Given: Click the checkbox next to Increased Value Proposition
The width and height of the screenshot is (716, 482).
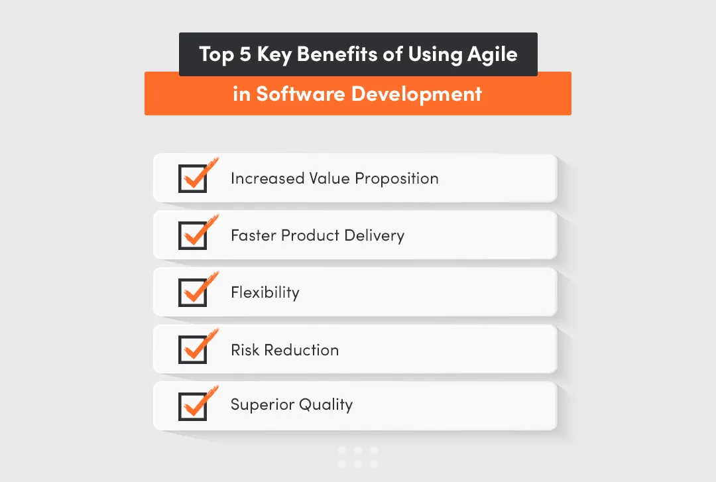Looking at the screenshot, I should [193, 179].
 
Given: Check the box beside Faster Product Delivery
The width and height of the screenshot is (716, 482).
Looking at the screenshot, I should [193, 235].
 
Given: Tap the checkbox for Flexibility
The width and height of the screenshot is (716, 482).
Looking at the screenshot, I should [193, 292].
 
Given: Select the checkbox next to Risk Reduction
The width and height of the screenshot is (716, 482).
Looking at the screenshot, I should [193, 350].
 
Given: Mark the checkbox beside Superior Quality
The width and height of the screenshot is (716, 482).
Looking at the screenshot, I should [193, 406].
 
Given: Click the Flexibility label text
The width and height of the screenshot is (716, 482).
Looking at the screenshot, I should [265, 292].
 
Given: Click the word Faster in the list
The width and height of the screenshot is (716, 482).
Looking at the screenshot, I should [253, 235].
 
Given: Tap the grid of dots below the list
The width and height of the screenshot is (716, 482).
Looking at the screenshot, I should [358, 457].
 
